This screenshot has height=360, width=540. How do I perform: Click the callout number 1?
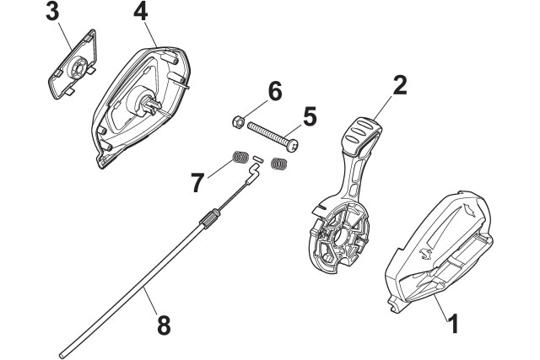pos(454,320)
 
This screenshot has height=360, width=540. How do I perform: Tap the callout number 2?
pos(401,86)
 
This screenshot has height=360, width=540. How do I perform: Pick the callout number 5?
pos(310,116)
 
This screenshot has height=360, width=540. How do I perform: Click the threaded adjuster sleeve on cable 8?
pos(207,222)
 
